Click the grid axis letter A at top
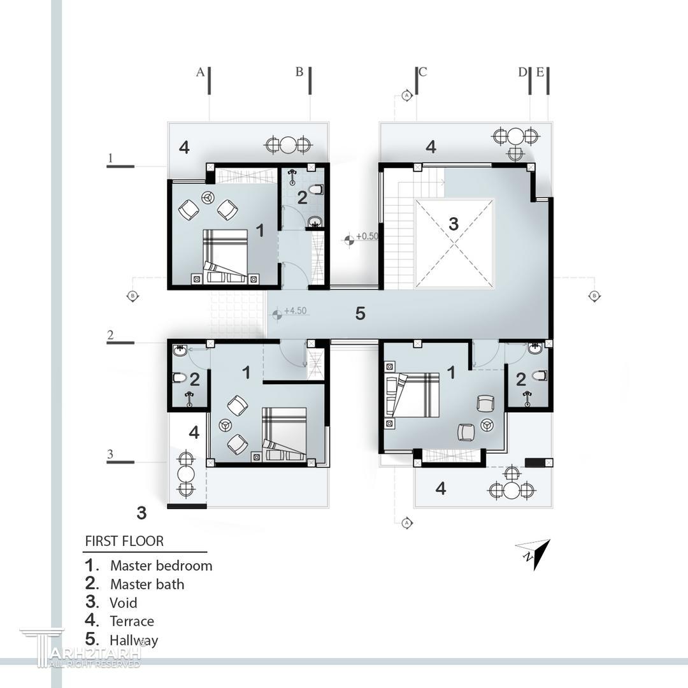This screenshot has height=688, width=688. [x=200, y=72]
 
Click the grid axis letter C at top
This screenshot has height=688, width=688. [x=423, y=72]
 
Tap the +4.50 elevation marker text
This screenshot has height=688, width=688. [x=296, y=311]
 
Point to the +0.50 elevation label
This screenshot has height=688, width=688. [x=367, y=236]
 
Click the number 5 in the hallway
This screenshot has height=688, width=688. [x=360, y=313]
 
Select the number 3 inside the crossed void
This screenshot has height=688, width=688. [x=454, y=224]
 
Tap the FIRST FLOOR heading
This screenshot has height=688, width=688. [x=124, y=541]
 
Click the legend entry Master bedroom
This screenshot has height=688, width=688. [x=161, y=566]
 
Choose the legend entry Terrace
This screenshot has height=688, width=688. [x=132, y=621]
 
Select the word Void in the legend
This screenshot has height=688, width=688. [x=124, y=603]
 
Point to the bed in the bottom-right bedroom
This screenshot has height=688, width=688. [x=412, y=394]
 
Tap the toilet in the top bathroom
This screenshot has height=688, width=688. [x=316, y=190]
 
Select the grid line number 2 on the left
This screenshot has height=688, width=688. [x=110, y=335]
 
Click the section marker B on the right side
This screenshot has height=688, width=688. [x=594, y=296]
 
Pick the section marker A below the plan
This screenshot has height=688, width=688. [x=407, y=522]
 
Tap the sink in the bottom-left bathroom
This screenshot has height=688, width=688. [x=180, y=350]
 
